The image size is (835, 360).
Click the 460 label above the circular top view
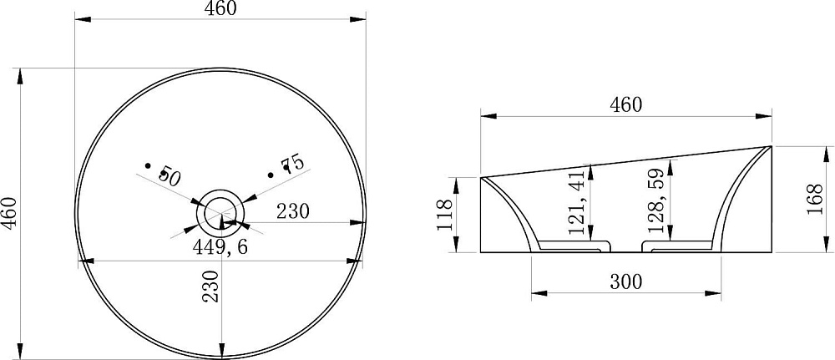coord(220,8)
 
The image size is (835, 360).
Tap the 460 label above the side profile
coord(625,105)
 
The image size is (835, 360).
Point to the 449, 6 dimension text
coord(220,246)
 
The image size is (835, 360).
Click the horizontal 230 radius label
coord(292,211)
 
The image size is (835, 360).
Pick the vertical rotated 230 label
coord(211,286)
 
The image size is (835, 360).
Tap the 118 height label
coord(445,215)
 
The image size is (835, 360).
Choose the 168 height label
coord(815,199)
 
